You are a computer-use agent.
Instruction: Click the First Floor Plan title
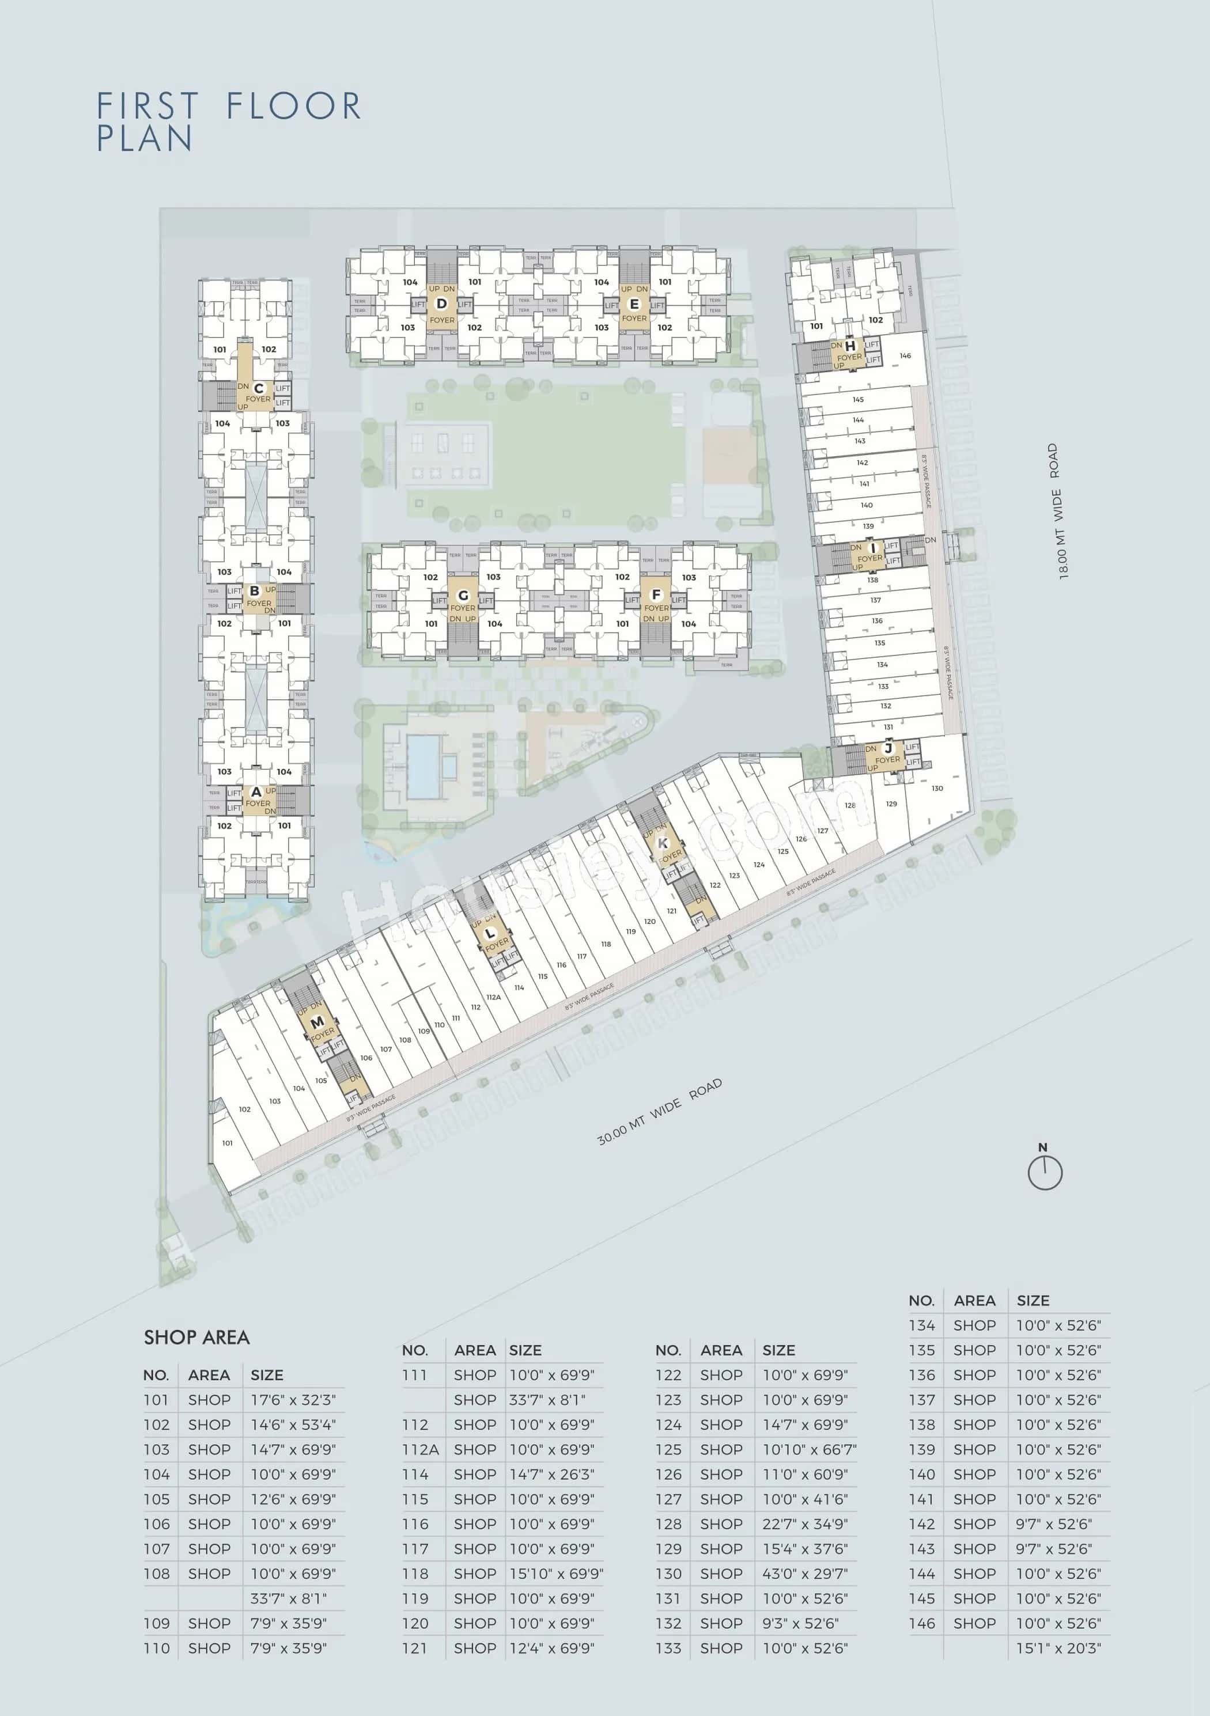point(228,121)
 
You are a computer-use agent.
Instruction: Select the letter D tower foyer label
point(442,304)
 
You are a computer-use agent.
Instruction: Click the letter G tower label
point(463,596)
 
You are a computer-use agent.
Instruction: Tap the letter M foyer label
point(317,1022)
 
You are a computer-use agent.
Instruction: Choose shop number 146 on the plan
point(905,356)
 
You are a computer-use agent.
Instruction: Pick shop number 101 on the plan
point(227,1143)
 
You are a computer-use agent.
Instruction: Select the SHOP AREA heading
point(196,1338)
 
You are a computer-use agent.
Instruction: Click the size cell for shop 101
point(293,1400)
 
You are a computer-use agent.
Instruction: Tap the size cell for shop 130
point(805,1573)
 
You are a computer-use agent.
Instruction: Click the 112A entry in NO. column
point(420,1449)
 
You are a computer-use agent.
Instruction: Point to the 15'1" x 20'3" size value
point(1058,1648)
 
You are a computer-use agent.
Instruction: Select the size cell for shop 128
point(805,1524)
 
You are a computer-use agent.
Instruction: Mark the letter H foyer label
point(850,346)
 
